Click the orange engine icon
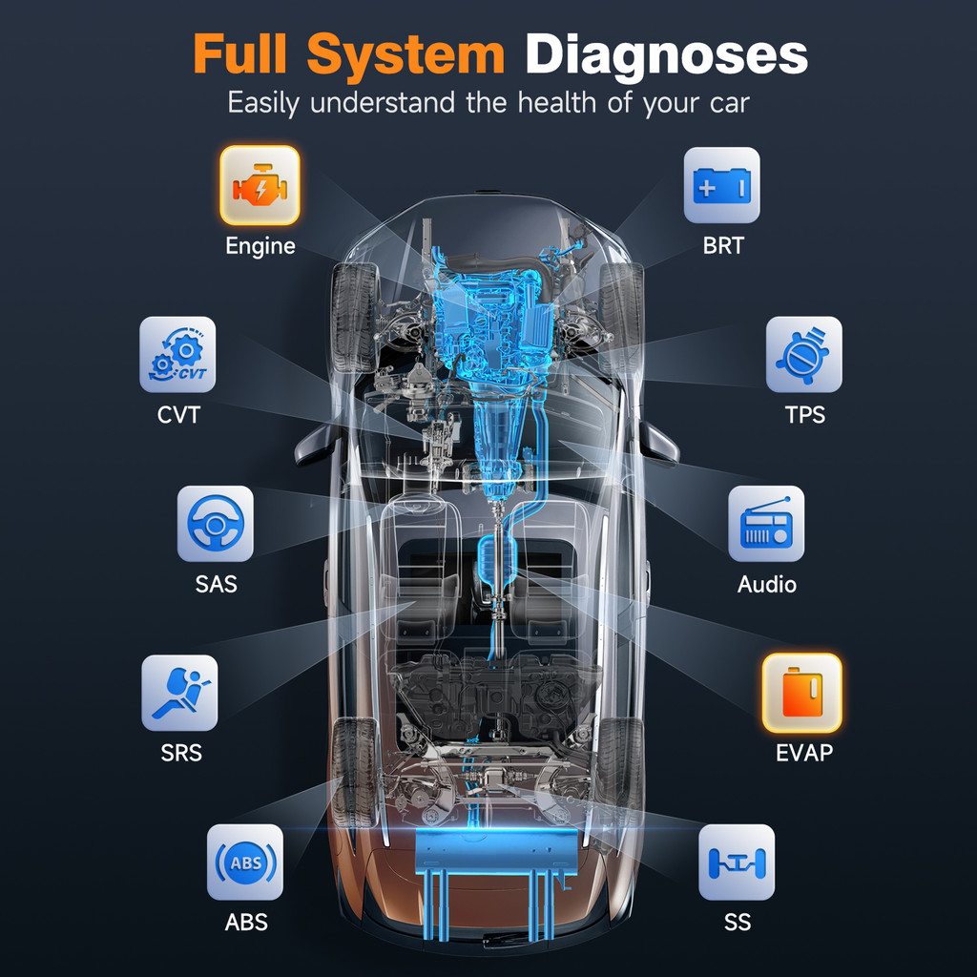click(x=260, y=185)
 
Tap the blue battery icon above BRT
click(x=721, y=185)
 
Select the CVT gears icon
click(x=177, y=355)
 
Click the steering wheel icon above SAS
click(x=216, y=524)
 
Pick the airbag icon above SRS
click(x=179, y=693)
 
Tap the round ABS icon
click(x=245, y=863)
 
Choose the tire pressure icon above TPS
click(x=803, y=355)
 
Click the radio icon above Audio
click(x=766, y=524)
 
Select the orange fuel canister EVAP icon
click(x=801, y=693)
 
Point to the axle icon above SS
click(x=737, y=863)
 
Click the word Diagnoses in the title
click(x=667, y=55)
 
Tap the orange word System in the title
click(x=405, y=56)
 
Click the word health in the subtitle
click(x=557, y=102)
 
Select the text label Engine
click(x=260, y=246)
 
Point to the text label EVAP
click(x=803, y=753)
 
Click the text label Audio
click(x=767, y=584)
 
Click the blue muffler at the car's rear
click(x=495, y=852)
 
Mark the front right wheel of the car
click(x=620, y=317)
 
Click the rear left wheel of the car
click(x=355, y=772)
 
